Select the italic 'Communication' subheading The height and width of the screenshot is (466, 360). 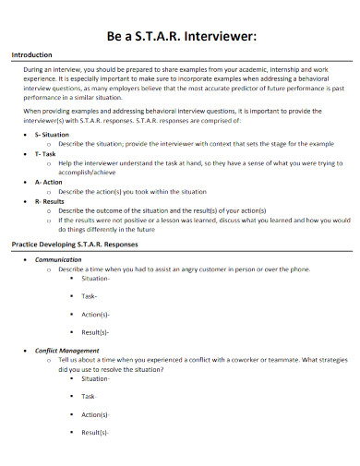58,259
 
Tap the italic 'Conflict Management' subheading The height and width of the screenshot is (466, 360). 67,351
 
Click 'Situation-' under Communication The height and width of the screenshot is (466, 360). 97,278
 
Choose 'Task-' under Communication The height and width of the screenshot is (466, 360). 90,296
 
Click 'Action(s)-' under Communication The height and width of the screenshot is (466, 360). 96,315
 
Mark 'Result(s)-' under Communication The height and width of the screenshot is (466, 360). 96,332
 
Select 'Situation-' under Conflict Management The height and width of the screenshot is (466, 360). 97,378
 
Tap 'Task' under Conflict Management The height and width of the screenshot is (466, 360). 89,397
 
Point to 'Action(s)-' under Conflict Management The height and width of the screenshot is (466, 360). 96,415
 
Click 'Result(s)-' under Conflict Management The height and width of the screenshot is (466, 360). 96,433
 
